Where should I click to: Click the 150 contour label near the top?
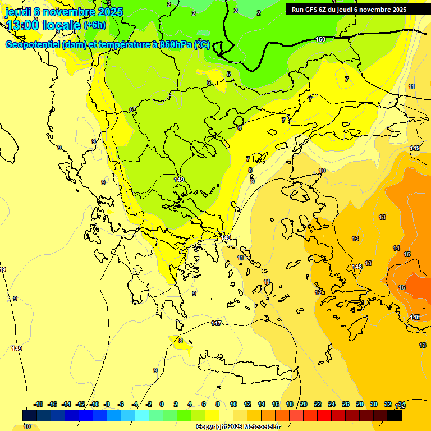pos(320,39)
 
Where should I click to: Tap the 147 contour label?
pos(216,323)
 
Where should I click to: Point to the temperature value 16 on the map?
pos(402,287)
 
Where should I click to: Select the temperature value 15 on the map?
pos(407,254)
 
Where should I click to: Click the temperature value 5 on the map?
pos(228,74)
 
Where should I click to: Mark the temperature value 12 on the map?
pos(318,292)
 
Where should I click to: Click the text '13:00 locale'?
pos(43,25)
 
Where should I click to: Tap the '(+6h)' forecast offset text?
pos(94,25)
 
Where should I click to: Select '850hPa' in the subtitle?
pos(176,45)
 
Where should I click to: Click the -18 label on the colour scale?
pos(38,404)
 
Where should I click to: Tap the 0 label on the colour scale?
pos(162,404)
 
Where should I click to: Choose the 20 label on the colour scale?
pos(304,404)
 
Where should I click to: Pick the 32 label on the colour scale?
pos(388,404)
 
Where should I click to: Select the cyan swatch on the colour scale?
pos(142,415)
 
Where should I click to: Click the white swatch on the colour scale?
pos(226,415)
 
